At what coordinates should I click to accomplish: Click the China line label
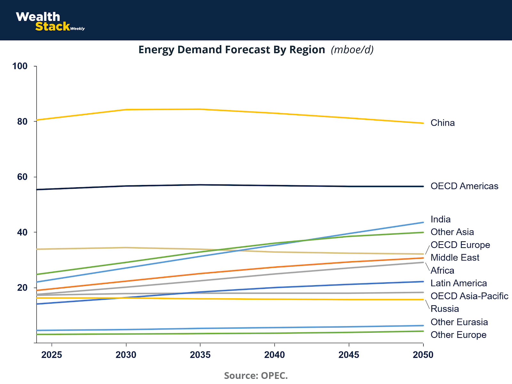pos(443,123)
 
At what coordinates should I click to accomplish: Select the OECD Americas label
pos(464,186)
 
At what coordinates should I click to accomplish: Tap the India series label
pos(441,220)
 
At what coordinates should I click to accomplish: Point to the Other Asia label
pos(452,232)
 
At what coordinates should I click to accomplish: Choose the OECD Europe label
pos(460,245)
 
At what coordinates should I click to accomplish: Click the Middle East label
pos(455,258)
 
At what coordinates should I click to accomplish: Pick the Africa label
pos(442,271)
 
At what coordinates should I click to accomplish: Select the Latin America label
pos(459,283)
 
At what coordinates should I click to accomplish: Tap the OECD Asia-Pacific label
pos(469,296)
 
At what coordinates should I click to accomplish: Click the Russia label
pos(445,309)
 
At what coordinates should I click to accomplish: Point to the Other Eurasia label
pos(459,322)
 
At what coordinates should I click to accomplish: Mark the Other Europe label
pos(458,335)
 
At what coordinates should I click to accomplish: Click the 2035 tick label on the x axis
pos(200,355)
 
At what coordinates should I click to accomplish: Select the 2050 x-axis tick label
pos(423,355)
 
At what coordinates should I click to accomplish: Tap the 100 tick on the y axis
pos(20,66)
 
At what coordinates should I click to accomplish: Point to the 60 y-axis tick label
pos(22,177)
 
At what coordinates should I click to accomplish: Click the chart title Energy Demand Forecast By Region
pos(232,50)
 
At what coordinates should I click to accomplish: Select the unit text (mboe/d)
pos(352,50)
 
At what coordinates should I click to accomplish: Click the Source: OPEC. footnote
pos(256,375)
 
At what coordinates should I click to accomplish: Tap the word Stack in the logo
pos(52,27)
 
